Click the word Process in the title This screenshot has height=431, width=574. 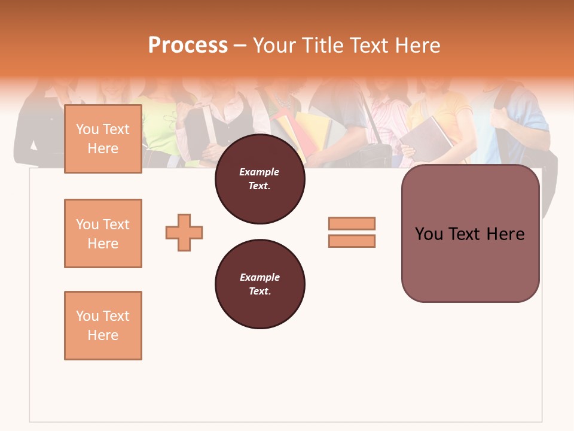188,45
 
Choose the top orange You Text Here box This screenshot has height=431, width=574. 103,139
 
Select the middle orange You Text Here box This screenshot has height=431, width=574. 103,233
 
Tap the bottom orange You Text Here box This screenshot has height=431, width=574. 103,326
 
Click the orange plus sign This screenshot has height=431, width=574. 184,232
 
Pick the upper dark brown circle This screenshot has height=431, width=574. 260,179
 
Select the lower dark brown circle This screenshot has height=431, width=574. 260,284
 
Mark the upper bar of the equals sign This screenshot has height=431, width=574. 352,223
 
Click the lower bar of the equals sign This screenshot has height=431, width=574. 352,241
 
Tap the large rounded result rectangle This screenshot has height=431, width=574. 470,233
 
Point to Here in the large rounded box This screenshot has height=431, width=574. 505,234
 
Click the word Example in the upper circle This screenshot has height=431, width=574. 259,172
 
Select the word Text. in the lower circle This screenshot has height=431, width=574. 259,292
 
